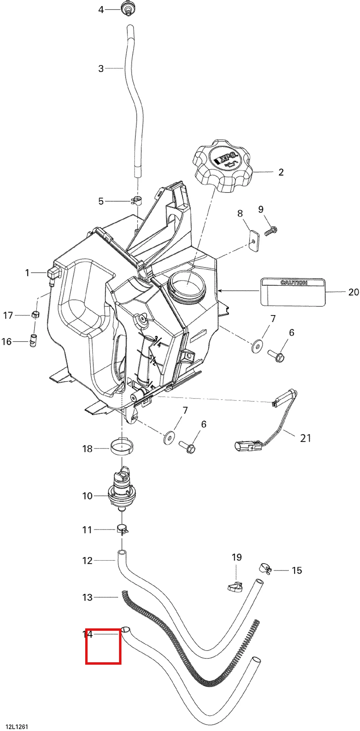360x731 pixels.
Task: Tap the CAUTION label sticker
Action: coord(293,292)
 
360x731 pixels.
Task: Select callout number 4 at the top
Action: coord(101,10)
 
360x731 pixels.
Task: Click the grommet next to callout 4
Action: coord(127,8)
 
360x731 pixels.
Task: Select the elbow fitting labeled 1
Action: coord(53,274)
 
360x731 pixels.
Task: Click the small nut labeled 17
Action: coord(35,314)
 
